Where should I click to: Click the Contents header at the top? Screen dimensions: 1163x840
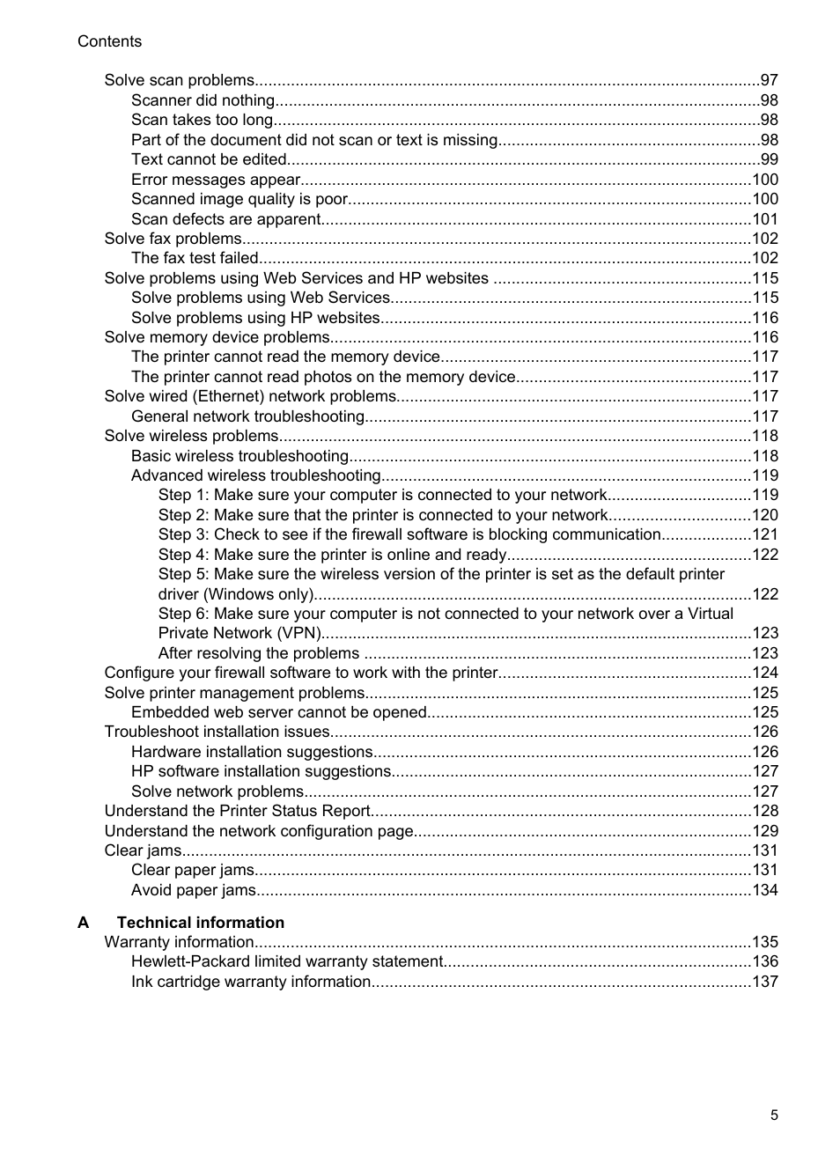[x=109, y=41]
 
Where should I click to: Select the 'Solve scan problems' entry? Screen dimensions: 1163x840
[x=179, y=80]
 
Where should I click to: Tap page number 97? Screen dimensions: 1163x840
[x=769, y=80]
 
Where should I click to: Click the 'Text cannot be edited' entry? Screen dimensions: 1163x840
[x=209, y=159]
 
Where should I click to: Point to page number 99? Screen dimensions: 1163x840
[x=769, y=159]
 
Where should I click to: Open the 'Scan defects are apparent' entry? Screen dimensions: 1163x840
[x=225, y=219]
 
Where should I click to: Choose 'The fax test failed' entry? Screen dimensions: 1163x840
[x=195, y=258]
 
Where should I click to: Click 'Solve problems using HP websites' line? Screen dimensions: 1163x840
[x=255, y=318]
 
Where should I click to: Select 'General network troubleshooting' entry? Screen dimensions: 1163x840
[x=247, y=416]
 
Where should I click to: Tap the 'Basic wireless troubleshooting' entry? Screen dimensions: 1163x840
[x=239, y=456]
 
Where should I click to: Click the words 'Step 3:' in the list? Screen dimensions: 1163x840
[x=183, y=534]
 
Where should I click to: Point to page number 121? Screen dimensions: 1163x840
[x=764, y=534]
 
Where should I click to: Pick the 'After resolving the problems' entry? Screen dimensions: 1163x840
[x=258, y=653]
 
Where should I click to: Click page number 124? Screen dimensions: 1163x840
[x=764, y=673]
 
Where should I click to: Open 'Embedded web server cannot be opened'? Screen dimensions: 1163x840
[x=278, y=712]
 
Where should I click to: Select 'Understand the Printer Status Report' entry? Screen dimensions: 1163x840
[x=237, y=811]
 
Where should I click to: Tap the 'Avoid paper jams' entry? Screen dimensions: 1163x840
[x=193, y=890]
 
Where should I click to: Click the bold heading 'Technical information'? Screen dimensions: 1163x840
[x=200, y=923]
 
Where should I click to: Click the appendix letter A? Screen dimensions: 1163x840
[x=84, y=923]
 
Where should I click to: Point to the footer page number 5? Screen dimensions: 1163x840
[x=774, y=1115]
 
